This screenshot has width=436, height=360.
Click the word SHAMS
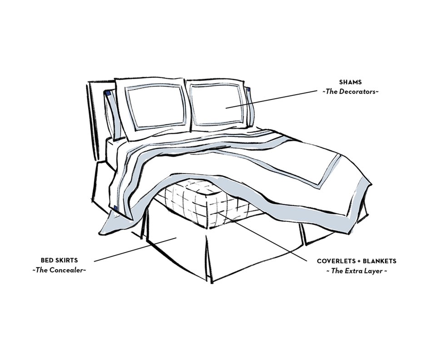click(x=350, y=82)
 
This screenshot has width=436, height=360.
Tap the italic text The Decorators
click(x=350, y=91)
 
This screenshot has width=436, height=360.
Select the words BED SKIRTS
click(x=59, y=260)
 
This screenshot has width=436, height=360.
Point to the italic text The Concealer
click(x=59, y=270)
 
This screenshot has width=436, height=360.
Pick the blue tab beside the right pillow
click(x=249, y=91)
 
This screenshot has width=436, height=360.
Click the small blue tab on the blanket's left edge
click(x=115, y=208)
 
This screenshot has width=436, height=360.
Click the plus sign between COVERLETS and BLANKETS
click(x=359, y=261)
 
